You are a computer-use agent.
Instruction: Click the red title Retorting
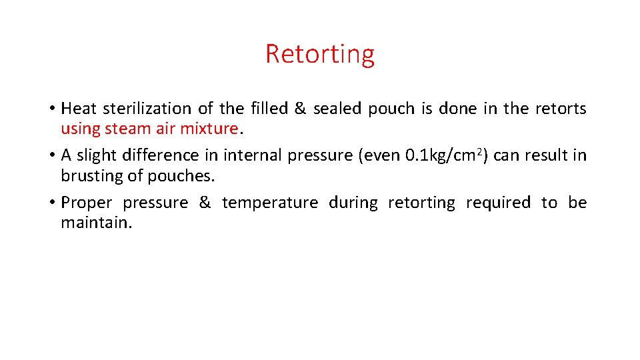320,53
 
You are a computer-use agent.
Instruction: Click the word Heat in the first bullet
79,108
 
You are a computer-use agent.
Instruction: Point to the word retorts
561,108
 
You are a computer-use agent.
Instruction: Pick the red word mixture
209,127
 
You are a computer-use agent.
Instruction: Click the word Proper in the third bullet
87,203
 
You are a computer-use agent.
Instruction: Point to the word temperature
270,203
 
